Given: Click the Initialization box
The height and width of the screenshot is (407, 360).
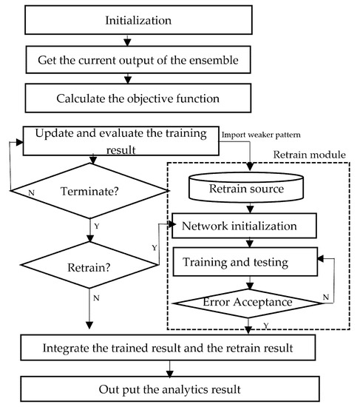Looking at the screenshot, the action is tap(138, 20).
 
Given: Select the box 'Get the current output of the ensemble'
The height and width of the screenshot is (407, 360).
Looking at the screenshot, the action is tap(138, 60).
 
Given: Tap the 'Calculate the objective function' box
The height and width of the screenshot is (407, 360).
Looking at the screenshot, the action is tap(138, 98).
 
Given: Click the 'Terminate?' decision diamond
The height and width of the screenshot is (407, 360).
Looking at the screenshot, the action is tap(89, 191).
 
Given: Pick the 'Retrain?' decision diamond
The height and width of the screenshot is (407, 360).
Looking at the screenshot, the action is tap(89, 265).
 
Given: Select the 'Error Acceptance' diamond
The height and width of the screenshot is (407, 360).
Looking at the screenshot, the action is tap(248, 303).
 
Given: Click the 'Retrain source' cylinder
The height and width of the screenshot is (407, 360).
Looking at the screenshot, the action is tap(246, 187).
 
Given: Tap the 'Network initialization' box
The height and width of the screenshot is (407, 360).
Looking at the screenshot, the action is tap(245, 226).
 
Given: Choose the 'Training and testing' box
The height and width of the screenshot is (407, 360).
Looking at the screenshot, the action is tap(245, 262).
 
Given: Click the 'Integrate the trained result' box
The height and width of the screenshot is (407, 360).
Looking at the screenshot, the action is tap(168, 348).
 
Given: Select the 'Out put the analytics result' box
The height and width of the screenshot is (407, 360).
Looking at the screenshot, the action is tap(170, 388).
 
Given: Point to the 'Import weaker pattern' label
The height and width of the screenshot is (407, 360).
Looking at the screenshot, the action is tap(261, 135).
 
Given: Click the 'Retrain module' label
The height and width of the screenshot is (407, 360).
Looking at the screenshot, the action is tap(310, 155).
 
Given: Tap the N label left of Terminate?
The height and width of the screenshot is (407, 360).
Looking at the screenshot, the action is tap(31, 193).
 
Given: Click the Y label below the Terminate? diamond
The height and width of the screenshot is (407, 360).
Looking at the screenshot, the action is tap(97, 226).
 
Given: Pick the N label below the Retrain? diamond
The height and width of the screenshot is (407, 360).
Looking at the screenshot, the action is tap(96, 298).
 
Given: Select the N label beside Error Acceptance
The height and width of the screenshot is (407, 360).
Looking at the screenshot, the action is tap(326, 297).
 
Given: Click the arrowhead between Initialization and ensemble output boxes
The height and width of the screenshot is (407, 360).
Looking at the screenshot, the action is tap(127, 43).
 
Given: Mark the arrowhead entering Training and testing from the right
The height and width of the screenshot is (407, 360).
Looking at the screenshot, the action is tap(321, 258).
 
